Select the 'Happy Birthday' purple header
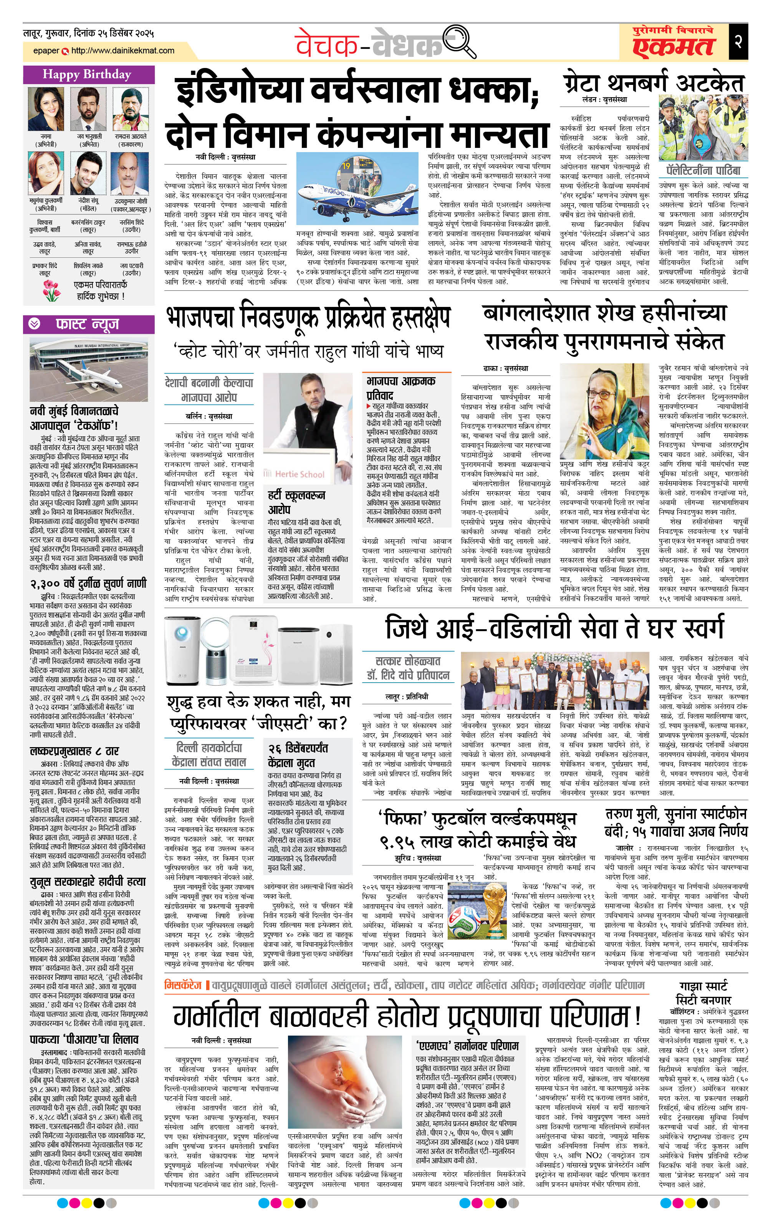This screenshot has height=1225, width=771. tap(88, 75)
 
